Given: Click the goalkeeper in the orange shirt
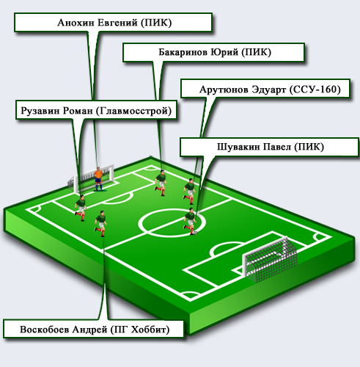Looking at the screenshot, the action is pos(98,179).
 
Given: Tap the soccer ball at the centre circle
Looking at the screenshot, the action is pos(195,233).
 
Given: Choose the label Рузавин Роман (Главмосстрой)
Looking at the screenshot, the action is pos(96,110).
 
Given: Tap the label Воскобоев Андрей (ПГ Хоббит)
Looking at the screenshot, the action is pos(94,329).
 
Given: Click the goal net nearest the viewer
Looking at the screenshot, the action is pos(270,259).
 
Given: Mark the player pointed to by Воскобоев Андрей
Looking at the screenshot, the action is pos(100,224).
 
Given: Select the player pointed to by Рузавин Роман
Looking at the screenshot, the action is pos(81,208).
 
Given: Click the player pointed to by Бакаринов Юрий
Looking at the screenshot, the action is pos(161,183).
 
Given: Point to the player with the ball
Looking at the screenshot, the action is pos(190,222).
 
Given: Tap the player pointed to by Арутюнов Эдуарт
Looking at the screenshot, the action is pos(190,192).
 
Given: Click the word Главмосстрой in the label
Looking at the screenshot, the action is pos(133,111).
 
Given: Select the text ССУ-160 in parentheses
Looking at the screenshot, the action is pos(315,90).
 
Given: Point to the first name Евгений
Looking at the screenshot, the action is pos(118,23).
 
